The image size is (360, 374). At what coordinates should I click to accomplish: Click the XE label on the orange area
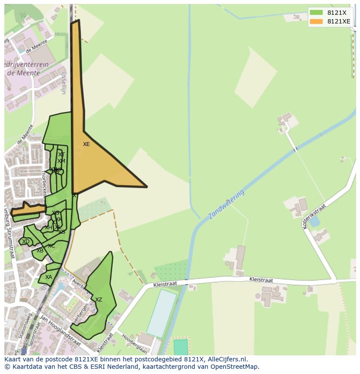pyautogui.click(x=86, y=144)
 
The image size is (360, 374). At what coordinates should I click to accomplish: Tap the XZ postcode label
pyautogui.click(x=99, y=300)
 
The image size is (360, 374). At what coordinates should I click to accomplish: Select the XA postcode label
pyautogui.click(x=49, y=277)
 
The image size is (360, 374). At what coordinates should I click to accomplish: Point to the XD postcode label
pyautogui.click(x=26, y=242)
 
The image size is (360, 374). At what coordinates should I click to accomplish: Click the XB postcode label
pyautogui.click(x=40, y=251)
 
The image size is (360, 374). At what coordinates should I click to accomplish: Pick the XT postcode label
pyautogui.click(x=62, y=155)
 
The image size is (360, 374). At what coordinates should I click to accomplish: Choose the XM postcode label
pyautogui.click(x=61, y=161)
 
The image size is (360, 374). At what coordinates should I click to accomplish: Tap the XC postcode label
pyautogui.click(x=51, y=246)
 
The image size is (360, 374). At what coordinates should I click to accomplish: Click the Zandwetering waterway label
pyautogui.click(x=226, y=204)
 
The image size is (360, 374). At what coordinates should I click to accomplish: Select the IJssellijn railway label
pyautogui.click(x=63, y=83)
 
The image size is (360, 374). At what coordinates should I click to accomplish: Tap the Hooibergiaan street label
pyautogui.click(x=135, y=343)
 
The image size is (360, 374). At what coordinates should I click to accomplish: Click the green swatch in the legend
pyautogui.click(x=316, y=13)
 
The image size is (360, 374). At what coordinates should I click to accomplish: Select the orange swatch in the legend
pyautogui.click(x=316, y=21)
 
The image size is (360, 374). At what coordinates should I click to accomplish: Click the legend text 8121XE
pyautogui.click(x=339, y=21)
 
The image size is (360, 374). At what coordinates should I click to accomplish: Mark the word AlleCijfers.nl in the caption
pyautogui.click(x=227, y=359)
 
